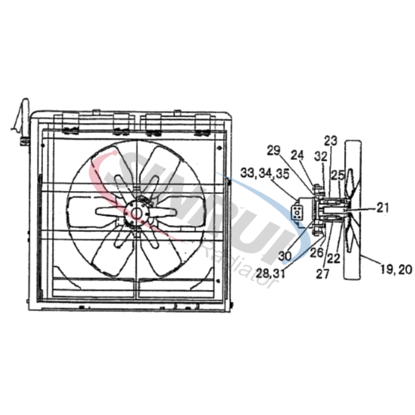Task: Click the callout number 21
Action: click(382, 208)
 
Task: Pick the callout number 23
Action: click(330, 140)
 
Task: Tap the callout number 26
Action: click(316, 253)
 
